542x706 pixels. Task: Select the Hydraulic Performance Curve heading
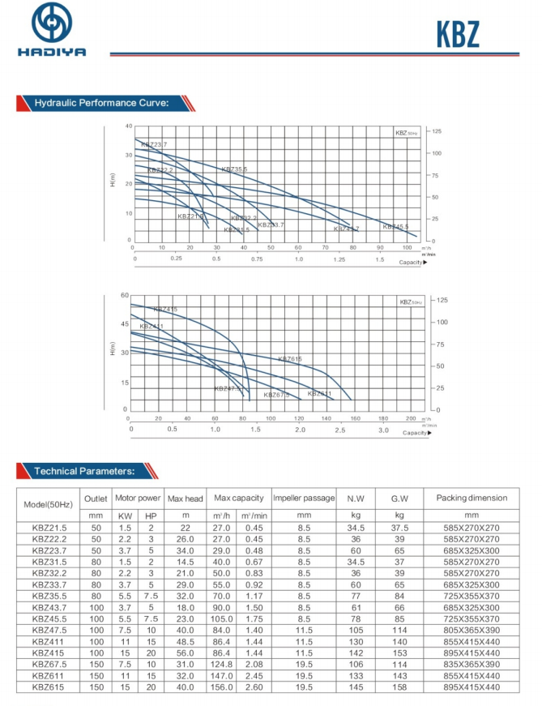coord(100,103)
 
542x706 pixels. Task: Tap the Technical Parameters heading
coord(89,471)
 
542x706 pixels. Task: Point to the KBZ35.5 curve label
coord(234,169)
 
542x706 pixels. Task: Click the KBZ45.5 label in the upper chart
coord(395,226)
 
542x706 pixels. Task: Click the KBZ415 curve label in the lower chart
coord(164,309)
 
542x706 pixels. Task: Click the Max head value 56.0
coord(185,652)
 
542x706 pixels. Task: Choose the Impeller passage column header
coord(303,498)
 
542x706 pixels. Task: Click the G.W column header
coord(399,498)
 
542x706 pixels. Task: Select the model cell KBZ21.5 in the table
coord(49,527)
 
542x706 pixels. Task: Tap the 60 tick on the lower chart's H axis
coord(125,296)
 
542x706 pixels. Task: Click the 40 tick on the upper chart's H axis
coord(128,126)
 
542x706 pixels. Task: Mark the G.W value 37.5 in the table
coord(399,527)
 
